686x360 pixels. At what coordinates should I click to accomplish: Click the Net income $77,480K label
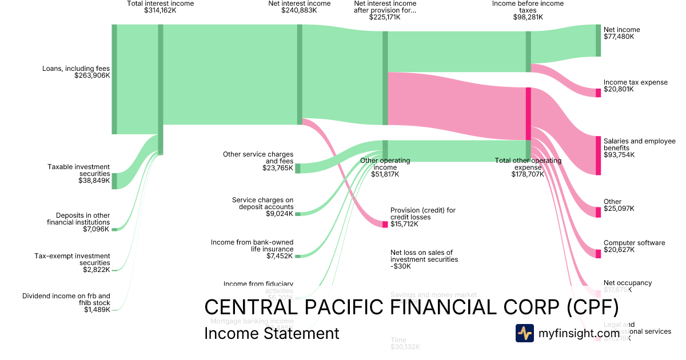pos(621,33)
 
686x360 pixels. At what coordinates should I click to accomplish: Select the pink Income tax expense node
pos(599,93)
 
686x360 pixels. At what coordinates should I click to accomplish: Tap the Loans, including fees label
pos(76,72)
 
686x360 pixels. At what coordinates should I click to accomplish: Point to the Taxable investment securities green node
pos(114,181)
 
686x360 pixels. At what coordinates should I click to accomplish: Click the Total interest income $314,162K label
pos(160,7)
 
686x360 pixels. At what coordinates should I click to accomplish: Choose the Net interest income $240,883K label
pos(299,7)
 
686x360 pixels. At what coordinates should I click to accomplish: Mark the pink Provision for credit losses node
pos(385,224)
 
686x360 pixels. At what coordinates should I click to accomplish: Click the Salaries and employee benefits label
pos(639,147)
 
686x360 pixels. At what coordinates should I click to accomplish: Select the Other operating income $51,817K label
pos(385,167)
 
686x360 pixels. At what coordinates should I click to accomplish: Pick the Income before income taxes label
pos(528,10)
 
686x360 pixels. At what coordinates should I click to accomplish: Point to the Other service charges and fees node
pos(297,168)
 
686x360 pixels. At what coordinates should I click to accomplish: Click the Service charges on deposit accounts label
pos(262,207)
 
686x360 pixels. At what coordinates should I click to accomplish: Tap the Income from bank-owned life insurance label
pos(252,249)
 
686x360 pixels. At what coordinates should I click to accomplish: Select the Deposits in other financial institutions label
pos(78,222)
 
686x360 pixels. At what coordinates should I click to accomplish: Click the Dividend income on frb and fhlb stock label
pos(66,303)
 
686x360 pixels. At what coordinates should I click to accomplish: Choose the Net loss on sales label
pos(424,259)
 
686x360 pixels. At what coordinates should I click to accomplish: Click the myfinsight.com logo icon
pos(525,333)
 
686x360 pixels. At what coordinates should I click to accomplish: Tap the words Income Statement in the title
pos(272,333)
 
